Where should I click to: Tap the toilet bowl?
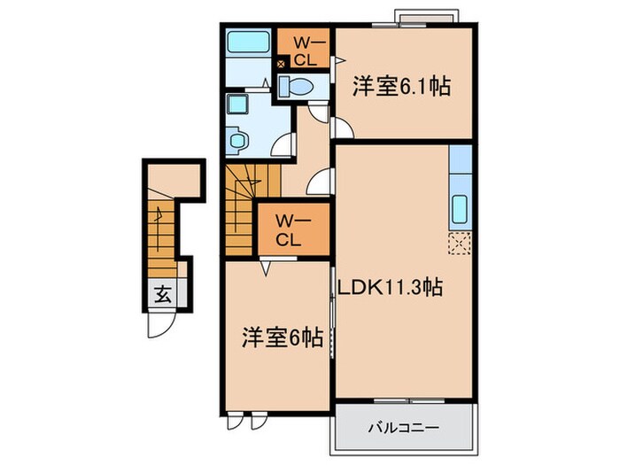[x=297, y=85]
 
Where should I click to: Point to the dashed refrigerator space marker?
[x=461, y=243]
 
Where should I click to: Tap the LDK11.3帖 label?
[x=390, y=288]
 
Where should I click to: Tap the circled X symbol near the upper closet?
[x=282, y=65]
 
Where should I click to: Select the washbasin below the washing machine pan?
[x=236, y=140]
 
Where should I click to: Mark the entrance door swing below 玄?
[x=159, y=326]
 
